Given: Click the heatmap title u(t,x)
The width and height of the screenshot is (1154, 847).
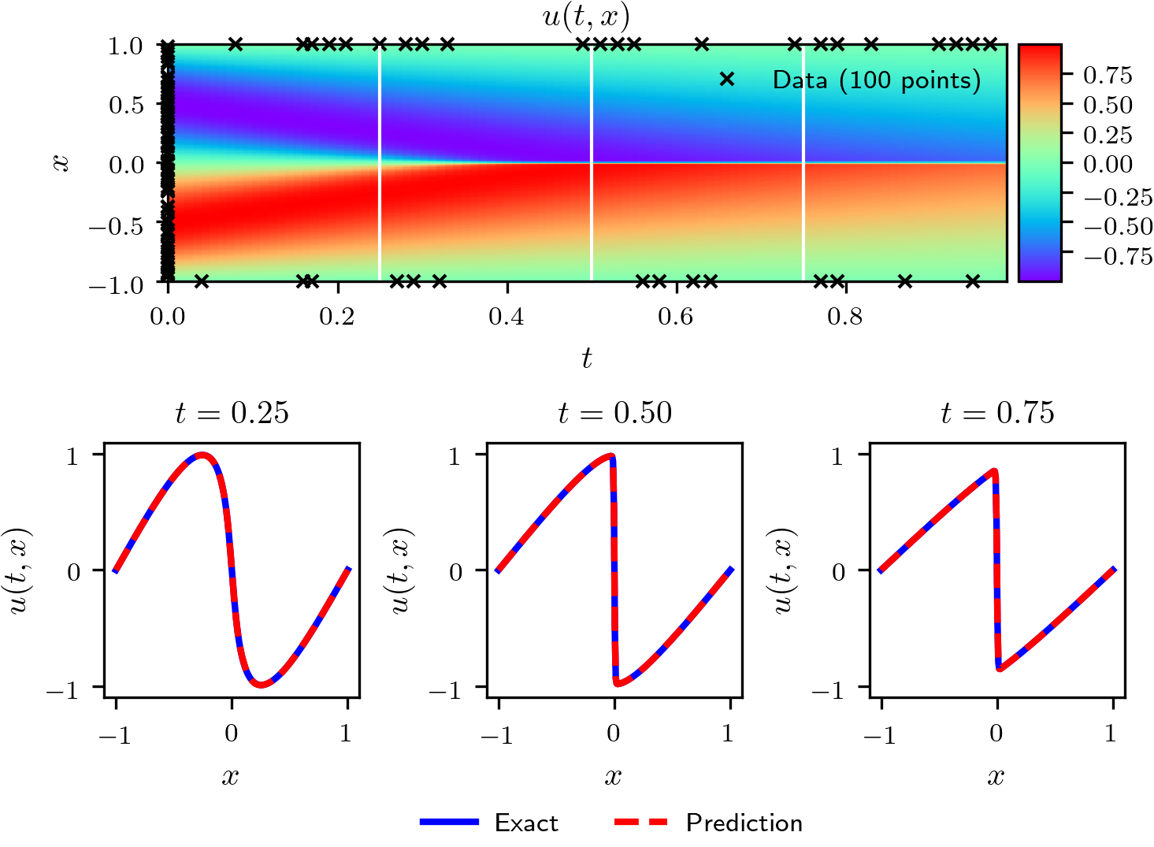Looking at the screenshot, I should click(x=586, y=17).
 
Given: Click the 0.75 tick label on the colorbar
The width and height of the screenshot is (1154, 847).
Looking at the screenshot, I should click(x=1108, y=75).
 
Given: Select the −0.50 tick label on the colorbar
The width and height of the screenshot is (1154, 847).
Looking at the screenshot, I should click(x=1118, y=226).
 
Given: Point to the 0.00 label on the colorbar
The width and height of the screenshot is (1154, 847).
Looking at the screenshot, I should click(x=1108, y=164).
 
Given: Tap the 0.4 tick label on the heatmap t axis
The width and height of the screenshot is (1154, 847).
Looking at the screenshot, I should click(x=506, y=317).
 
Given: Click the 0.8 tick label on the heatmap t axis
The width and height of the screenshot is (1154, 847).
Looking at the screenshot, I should click(x=845, y=317).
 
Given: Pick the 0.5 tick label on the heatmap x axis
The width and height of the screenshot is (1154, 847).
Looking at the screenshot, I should click(x=126, y=105).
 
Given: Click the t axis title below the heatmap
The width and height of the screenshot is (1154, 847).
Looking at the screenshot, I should click(x=586, y=358).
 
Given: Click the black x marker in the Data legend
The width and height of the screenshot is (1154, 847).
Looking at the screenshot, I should click(x=727, y=80).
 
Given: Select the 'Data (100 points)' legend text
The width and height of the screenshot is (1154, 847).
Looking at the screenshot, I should click(x=876, y=80).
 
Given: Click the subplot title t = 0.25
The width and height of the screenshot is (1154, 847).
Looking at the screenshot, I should click(x=232, y=413).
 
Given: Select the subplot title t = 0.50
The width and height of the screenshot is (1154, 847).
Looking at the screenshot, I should click(x=614, y=413).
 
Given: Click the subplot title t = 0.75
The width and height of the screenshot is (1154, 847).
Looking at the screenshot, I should click(x=997, y=413).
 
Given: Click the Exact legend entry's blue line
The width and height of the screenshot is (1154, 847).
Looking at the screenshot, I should click(x=449, y=822).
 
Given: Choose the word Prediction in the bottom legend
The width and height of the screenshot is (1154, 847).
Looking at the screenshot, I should click(x=744, y=823).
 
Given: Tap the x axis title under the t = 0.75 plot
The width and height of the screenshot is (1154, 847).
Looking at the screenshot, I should click(x=996, y=777).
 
